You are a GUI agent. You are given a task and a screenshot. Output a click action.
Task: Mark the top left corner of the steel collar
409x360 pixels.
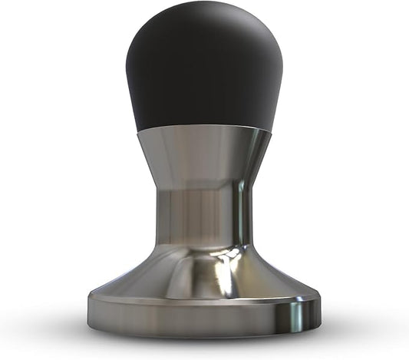click(x=139, y=132)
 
